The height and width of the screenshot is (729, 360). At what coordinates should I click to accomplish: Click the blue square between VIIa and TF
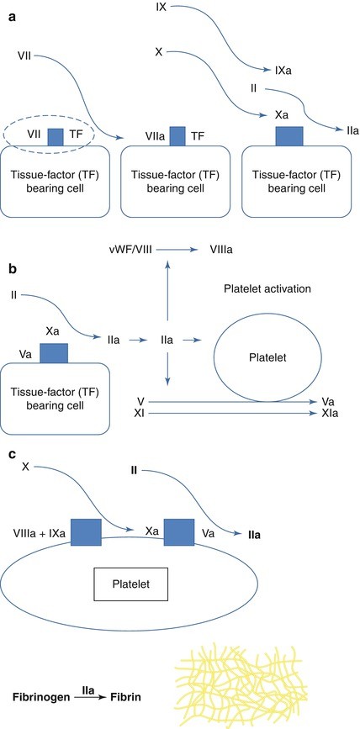(x=177, y=134)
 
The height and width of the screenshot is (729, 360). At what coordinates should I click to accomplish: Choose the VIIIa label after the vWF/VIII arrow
(x=211, y=250)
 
